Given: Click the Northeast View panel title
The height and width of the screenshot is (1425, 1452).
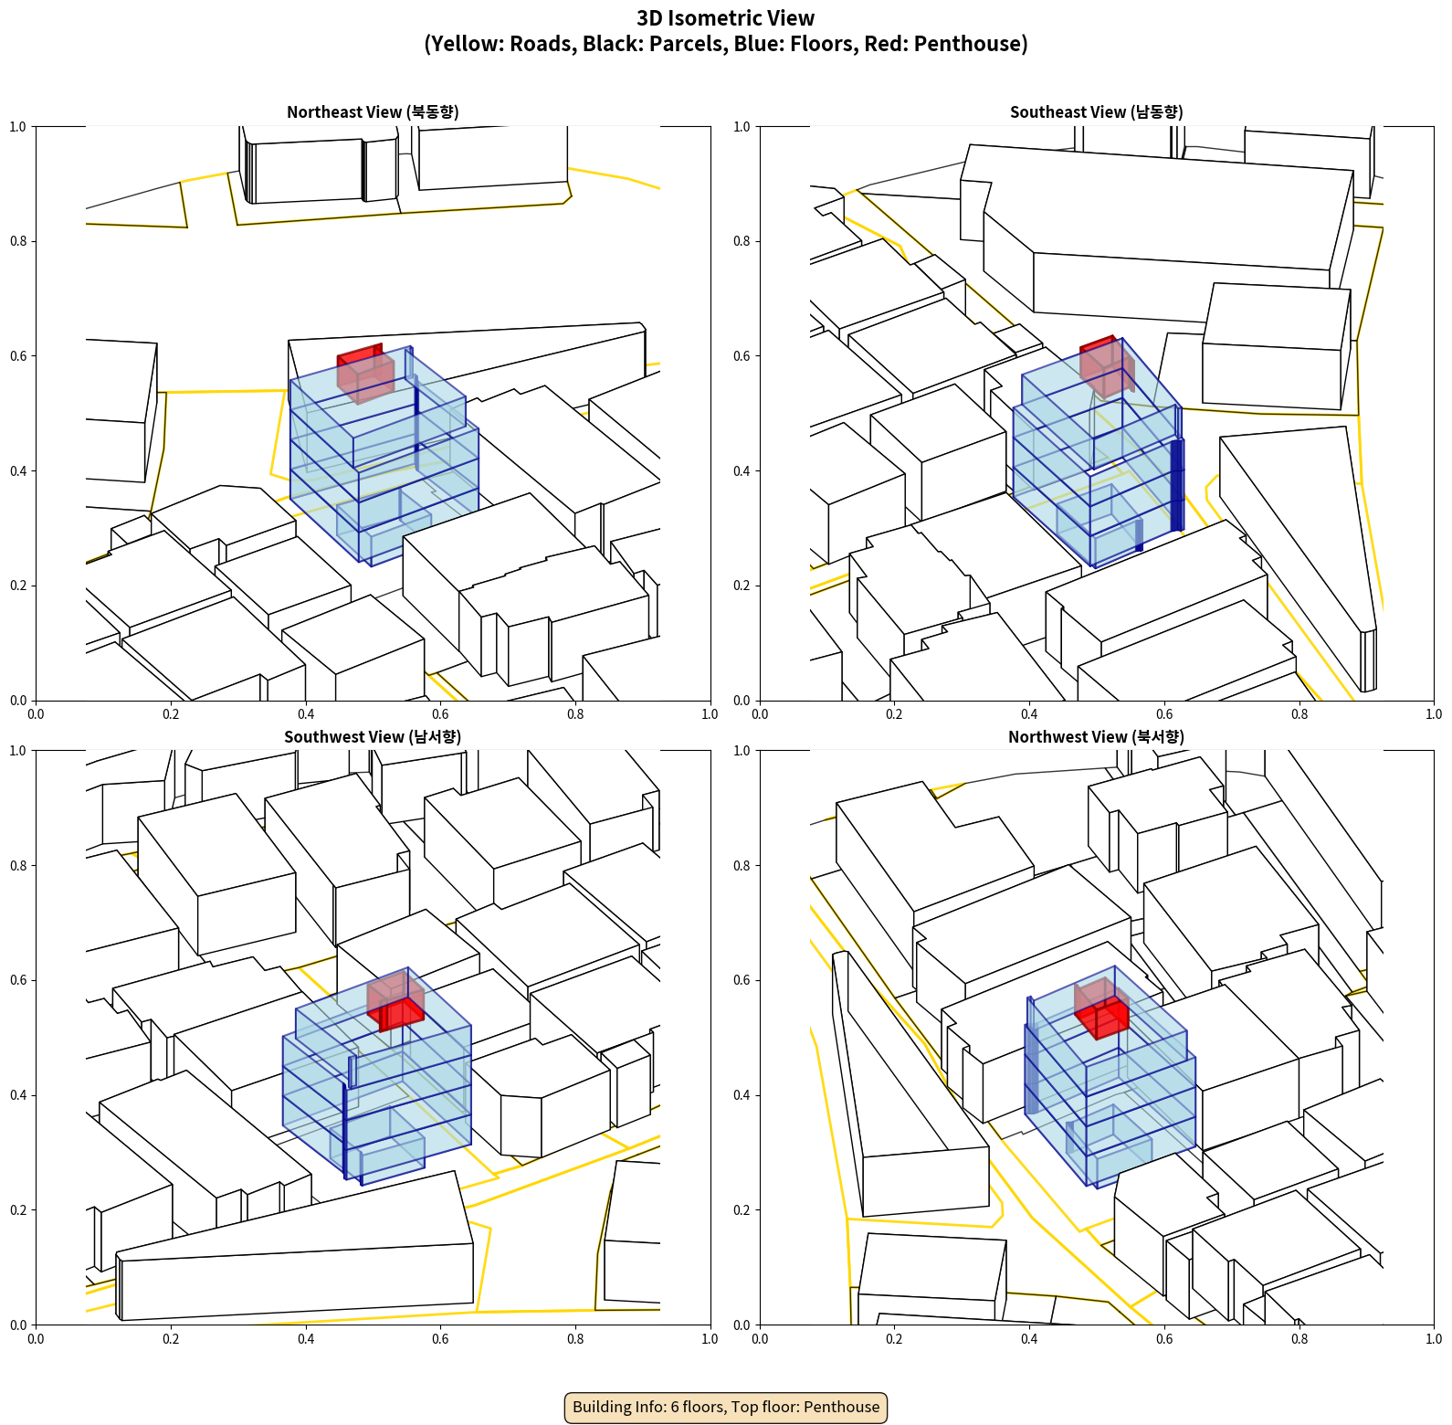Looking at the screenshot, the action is pyautogui.click(x=373, y=112).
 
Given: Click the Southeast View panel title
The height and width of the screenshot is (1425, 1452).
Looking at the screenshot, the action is pyautogui.click(x=1096, y=112).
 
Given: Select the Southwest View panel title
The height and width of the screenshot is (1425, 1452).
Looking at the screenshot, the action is pyautogui.click(x=373, y=737).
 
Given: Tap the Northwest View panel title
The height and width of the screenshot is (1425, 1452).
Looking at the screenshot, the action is pyautogui.click(x=1096, y=737).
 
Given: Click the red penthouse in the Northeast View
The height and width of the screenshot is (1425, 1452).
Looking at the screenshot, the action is pyautogui.click(x=365, y=373).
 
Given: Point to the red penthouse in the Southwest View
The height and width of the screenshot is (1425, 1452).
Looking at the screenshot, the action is pyautogui.click(x=396, y=1001).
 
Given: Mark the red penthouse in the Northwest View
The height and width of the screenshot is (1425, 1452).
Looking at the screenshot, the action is pyautogui.click(x=1101, y=1008).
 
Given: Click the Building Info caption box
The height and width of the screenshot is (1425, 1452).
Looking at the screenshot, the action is pyautogui.click(x=726, y=1407).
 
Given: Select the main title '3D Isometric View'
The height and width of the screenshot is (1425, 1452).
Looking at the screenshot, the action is pyautogui.click(x=726, y=18).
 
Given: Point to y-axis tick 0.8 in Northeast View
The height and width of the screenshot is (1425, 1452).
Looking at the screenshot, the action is pyautogui.click(x=18, y=241).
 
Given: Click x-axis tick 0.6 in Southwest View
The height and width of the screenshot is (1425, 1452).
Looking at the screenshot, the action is pyautogui.click(x=440, y=1339).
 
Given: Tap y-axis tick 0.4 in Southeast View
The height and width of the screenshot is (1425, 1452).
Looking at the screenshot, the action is pyautogui.click(x=742, y=470).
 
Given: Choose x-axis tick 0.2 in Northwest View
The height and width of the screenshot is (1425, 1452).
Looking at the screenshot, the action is pyautogui.click(x=894, y=1339).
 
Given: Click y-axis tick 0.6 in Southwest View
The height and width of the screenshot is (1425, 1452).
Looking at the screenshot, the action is pyautogui.click(x=18, y=980).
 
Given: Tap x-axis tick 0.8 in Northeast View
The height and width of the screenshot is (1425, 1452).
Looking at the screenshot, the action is pyautogui.click(x=575, y=714).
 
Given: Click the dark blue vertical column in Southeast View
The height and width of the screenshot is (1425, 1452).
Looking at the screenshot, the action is pyautogui.click(x=1177, y=485).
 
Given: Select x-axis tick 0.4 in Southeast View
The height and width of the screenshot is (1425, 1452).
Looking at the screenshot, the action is pyautogui.click(x=1029, y=714).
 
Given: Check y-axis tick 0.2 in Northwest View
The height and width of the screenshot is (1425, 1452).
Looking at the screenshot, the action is pyautogui.click(x=742, y=1209).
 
